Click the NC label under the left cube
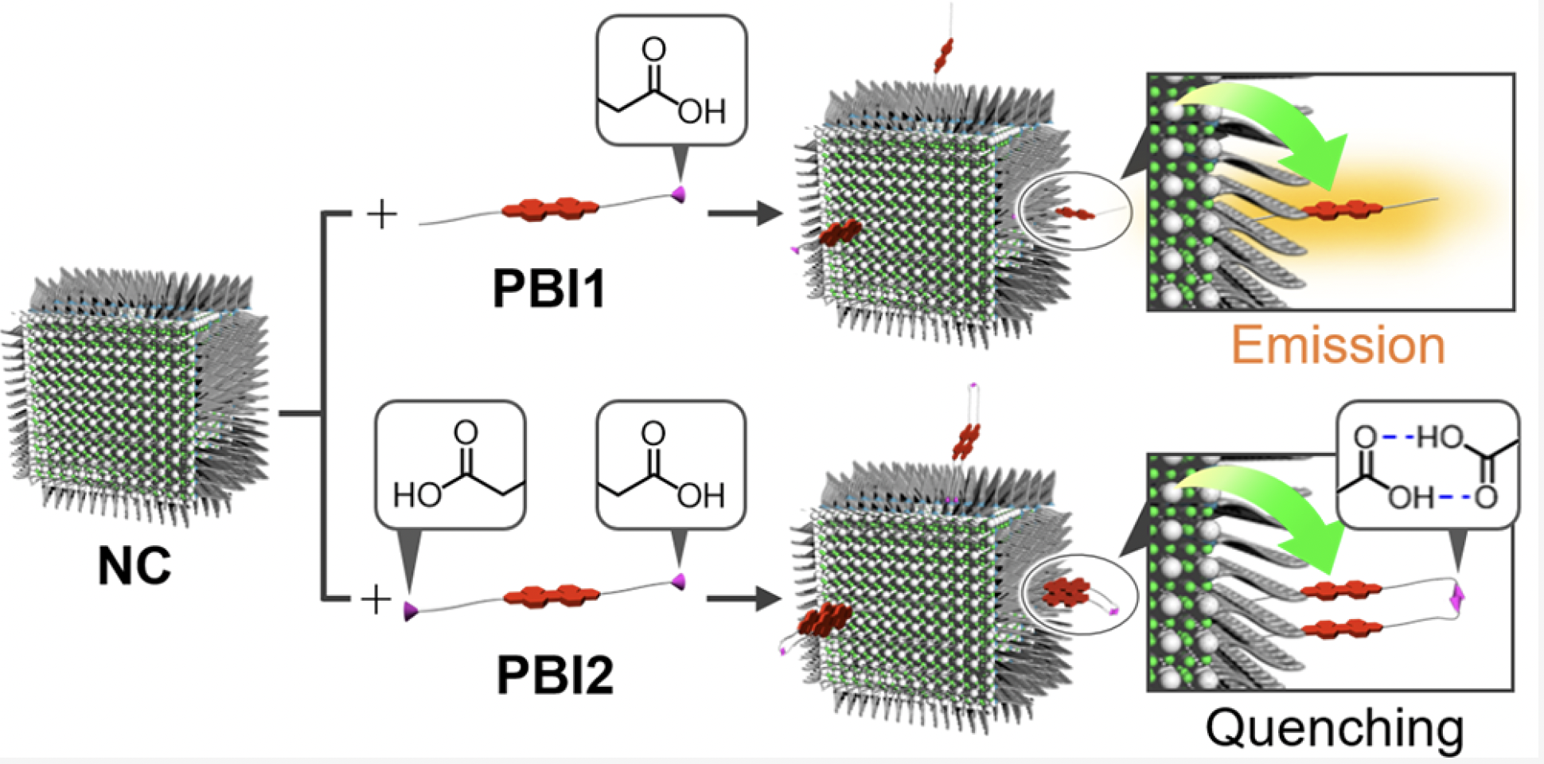point(134,566)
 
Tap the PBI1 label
point(548,287)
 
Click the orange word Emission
point(1338,345)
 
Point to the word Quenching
point(1334,727)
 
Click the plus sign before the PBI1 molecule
point(382,214)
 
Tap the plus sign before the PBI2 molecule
point(376,600)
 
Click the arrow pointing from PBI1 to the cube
point(744,213)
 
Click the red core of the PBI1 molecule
point(550,209)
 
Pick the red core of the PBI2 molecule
point(552,594)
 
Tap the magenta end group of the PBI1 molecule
point(679,193)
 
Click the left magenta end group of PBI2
point(411,611)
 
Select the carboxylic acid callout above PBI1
point(671,80)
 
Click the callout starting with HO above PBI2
point(450,466)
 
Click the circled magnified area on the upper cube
point(1075,212)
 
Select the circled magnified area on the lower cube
point(1078,594)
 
